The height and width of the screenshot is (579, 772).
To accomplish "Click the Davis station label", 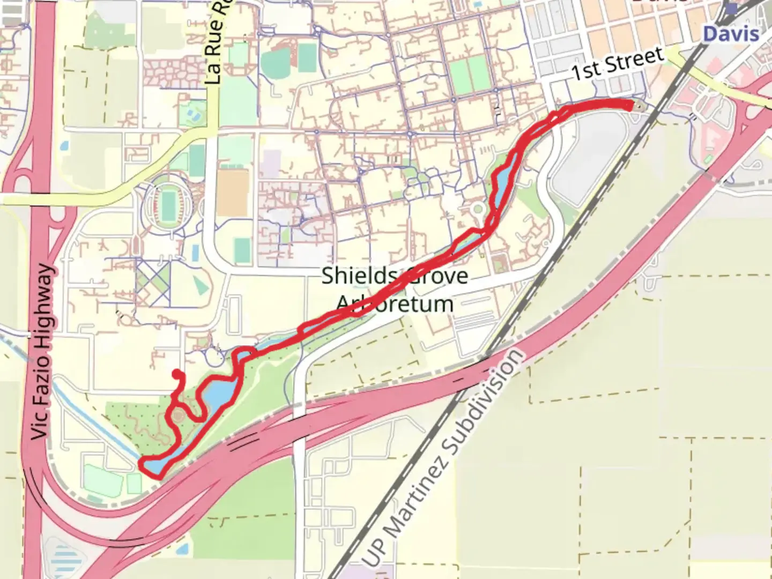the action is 731,34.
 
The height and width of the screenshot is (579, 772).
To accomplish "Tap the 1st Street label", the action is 618,64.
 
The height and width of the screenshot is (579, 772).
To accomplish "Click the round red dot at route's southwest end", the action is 176,374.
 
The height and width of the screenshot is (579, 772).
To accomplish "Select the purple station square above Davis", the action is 731,9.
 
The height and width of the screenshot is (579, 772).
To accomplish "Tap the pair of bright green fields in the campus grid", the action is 468,75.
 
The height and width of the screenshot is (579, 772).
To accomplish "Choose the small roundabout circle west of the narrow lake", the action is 477,210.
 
